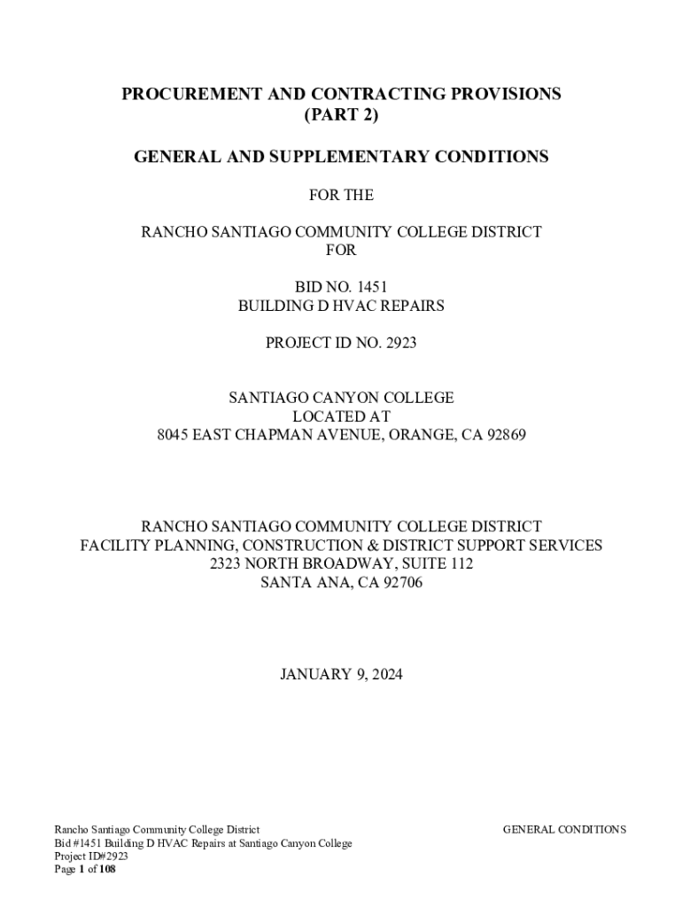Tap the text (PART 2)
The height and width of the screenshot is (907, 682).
pos(341,116)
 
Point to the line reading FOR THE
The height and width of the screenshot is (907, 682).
pos(341,195)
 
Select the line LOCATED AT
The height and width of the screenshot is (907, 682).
pos(341,416)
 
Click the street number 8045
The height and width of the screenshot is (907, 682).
pos(174,435)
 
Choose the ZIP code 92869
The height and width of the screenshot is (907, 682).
pos(505,435)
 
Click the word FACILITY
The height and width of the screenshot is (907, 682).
pos(113,546)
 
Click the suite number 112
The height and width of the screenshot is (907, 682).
pos(461,564)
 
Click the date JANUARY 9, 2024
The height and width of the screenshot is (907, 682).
pos(341,675)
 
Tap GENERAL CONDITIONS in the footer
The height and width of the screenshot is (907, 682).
pos(564,830)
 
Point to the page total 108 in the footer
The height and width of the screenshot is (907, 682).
pos(106,870)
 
